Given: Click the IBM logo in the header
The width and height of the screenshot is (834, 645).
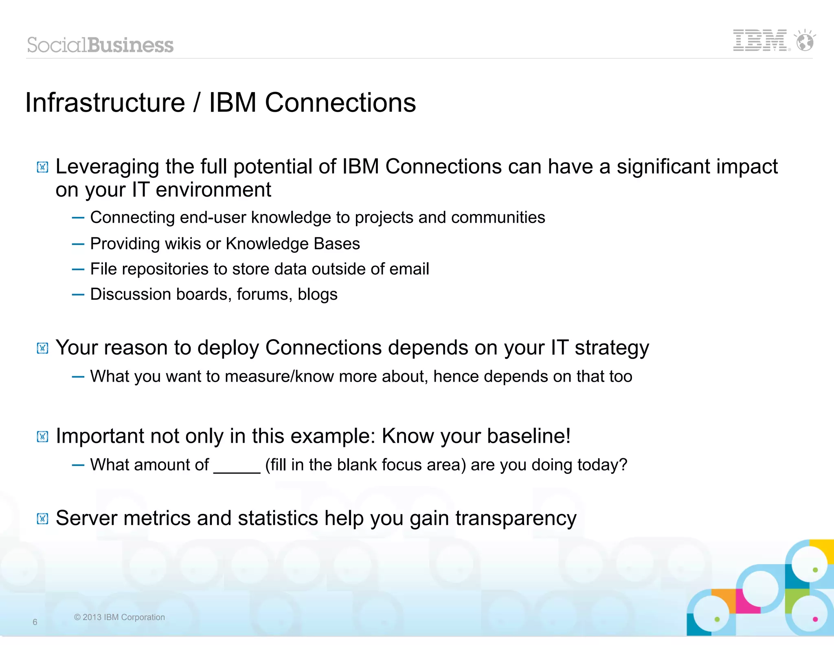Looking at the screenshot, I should (760, 40).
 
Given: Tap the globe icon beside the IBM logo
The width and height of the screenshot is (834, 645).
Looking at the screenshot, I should (805, 41).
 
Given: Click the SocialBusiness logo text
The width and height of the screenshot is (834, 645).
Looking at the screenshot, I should (100, 45).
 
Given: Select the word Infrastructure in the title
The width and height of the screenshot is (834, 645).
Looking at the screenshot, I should (105, 102).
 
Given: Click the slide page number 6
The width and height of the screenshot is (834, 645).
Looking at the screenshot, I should (35, 622).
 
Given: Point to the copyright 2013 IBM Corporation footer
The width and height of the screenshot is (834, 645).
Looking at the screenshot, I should (119, 617).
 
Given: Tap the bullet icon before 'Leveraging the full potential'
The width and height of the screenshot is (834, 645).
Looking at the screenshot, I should (43, 167).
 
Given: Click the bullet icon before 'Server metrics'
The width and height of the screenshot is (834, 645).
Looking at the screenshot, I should (43, 519).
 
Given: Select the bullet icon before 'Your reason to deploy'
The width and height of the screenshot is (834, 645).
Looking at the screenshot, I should (43, 348).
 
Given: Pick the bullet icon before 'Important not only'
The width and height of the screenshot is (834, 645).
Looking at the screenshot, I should (43, 437).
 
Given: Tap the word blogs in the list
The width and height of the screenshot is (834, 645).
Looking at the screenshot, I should (318, 294).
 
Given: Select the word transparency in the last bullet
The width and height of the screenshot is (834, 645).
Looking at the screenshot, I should (516, 519).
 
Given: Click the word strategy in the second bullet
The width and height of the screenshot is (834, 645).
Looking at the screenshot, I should (612, 348).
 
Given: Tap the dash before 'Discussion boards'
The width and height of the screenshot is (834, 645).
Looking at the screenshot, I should (78, 294).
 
